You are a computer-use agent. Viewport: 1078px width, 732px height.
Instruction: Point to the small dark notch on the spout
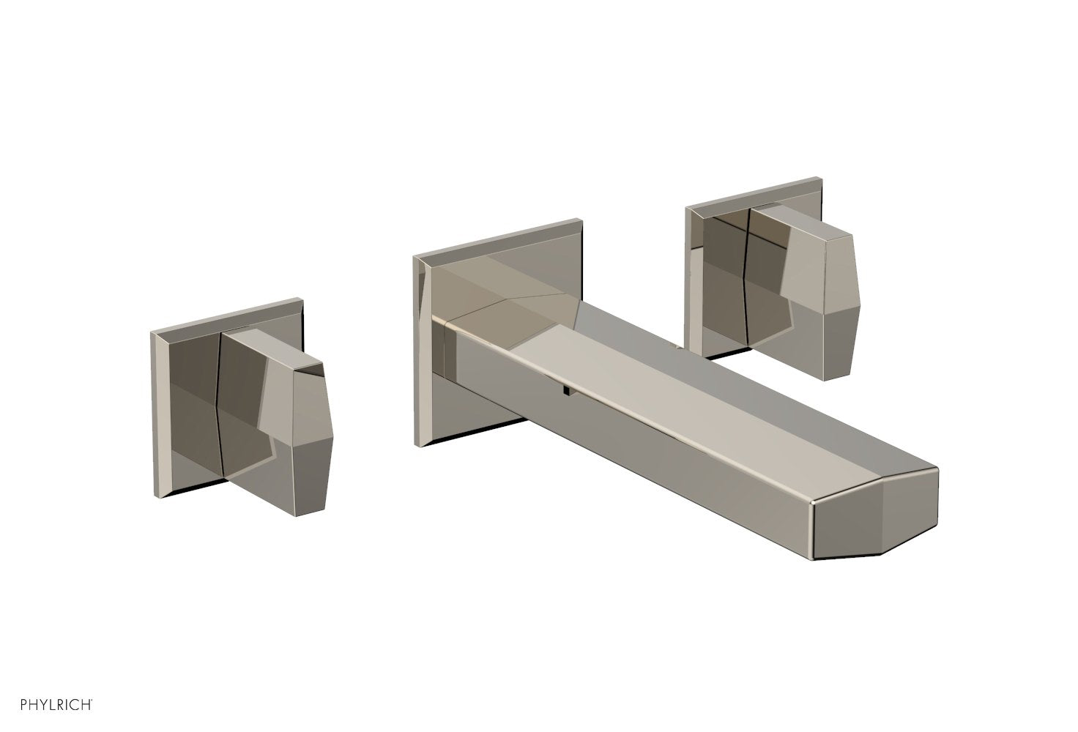[x=566, y=391]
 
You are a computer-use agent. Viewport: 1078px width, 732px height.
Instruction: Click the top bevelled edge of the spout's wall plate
[x=498, y=236]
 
